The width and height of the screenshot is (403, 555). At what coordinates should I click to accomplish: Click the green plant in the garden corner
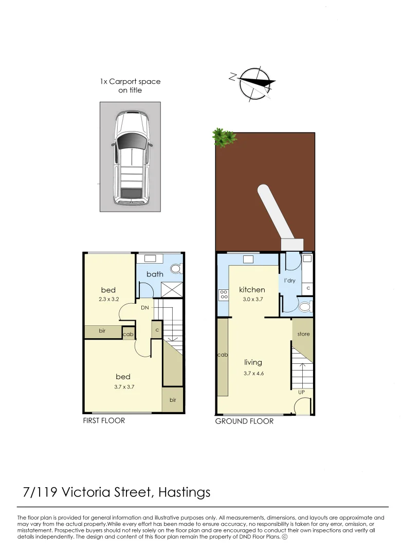[224, 137]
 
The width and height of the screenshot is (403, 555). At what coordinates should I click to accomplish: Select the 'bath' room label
[155, 274]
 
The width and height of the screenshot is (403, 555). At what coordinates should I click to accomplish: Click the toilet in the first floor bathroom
[176, 268]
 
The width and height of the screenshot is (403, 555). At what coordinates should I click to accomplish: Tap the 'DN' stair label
[145, 308]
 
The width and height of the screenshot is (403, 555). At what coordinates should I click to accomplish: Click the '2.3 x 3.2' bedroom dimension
[108, 299]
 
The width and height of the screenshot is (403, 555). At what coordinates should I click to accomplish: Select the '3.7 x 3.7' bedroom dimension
[123, 386]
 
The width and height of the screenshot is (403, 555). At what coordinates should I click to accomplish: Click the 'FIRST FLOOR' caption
[104, 420]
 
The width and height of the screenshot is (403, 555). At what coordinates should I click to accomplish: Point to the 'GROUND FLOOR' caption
[244, 421]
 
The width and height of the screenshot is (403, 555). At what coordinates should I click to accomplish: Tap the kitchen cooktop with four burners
[224, 295]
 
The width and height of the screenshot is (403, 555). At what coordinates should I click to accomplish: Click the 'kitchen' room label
[252, 290]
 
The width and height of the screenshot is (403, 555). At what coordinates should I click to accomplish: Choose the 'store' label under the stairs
[303, 334]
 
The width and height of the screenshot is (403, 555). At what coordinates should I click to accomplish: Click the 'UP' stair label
[302, 392]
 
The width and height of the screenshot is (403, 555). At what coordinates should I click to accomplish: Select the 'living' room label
[253, 362]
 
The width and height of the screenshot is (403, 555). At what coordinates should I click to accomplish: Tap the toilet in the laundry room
[305, 307]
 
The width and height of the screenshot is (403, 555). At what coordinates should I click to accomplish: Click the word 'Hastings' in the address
[185, 492]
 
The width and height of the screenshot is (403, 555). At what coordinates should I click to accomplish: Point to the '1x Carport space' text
[130, 81]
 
